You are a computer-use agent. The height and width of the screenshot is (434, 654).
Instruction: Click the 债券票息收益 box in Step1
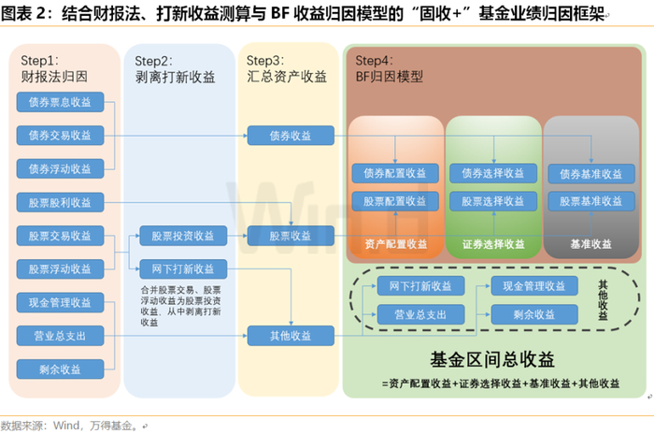[x=60, y=102]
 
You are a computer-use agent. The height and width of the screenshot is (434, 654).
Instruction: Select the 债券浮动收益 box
[x=60, y=168]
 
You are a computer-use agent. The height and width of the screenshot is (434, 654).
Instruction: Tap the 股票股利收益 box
[x=60, y=202]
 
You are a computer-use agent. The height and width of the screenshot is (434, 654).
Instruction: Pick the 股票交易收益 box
[x=60, y=236]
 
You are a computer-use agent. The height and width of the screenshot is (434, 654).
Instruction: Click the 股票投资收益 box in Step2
[x=178, y=236]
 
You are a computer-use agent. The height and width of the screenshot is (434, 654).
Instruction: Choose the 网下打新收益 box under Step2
[x=178, y=268]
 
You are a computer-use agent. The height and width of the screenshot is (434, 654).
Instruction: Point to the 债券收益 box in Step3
[x=291, y=136]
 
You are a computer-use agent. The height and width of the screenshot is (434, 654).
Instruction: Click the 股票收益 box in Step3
[x=291, y=236]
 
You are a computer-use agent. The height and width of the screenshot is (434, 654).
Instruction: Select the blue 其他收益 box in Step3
[x=291, y=335]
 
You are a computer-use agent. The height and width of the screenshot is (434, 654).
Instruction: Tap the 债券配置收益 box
[x=395, y=173]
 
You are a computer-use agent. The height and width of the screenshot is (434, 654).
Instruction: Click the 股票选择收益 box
[x=492, y=201]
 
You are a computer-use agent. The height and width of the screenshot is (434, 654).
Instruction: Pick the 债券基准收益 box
[x=590, y=173]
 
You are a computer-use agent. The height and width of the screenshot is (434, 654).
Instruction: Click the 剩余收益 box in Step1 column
[x=60, y=369]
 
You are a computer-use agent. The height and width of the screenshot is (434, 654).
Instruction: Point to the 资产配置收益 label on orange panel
[x=395, y=244]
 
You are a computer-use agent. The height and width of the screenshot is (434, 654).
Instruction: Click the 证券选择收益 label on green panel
[x=492, y=244]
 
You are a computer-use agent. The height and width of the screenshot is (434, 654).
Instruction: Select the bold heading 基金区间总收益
[x=492, y=360]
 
